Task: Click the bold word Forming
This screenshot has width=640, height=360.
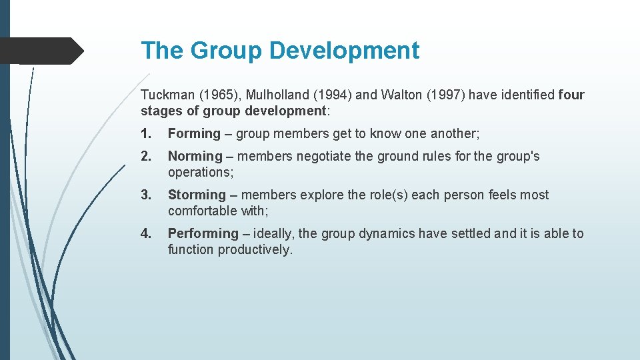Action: (194, 133)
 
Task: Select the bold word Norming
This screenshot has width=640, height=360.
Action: (195, 156)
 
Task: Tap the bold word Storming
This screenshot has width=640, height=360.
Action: (197, 195)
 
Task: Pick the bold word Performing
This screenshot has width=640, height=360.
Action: (203, 233)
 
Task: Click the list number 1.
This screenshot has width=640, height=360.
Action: (145, 133)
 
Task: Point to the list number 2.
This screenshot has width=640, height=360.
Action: (145, 156)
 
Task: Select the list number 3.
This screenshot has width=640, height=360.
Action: (145, 195)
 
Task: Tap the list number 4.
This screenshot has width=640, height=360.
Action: (145, 233)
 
